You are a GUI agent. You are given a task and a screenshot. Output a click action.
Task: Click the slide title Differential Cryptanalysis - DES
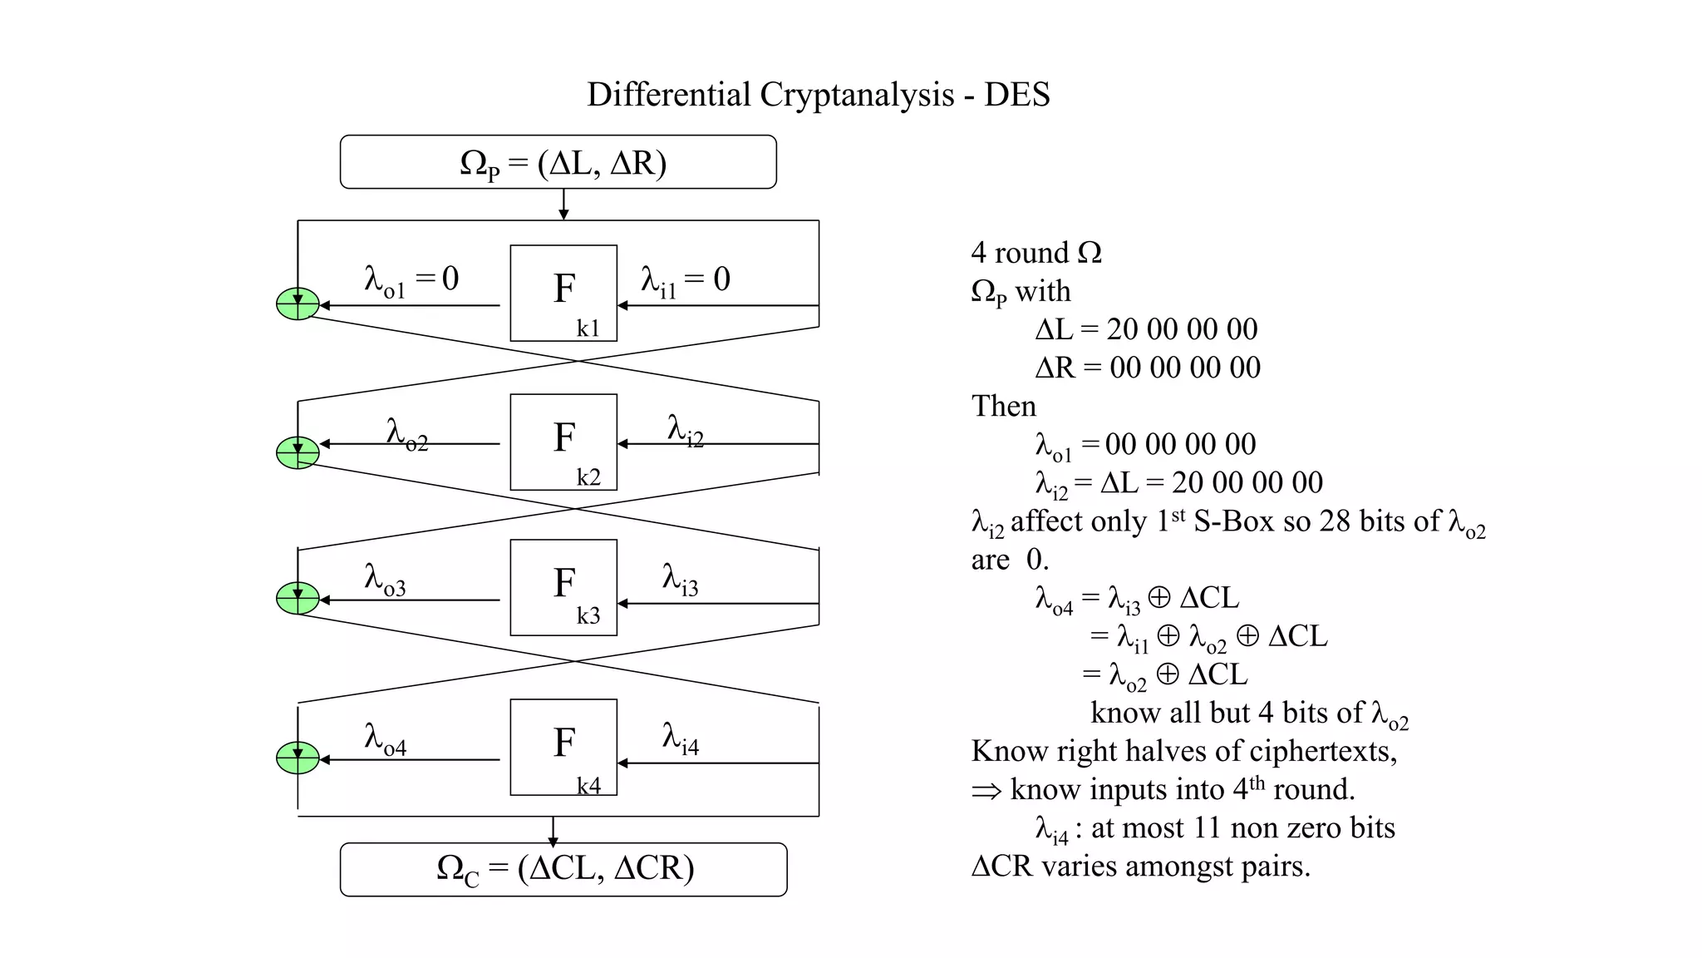coord(818,95)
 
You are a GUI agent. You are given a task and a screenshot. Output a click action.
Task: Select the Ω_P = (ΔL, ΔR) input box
coord(558,162)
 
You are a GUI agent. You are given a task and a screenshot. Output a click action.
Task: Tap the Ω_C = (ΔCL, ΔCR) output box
coord(563,869)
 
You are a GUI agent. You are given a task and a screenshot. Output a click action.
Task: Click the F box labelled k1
coord(563,293)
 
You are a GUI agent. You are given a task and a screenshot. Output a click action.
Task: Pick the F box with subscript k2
coord(563,442)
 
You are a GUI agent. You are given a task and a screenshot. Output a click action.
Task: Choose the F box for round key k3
coord(563,587)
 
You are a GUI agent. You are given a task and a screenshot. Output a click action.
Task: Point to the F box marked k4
coord(563,747)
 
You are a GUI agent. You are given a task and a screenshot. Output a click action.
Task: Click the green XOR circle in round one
coord(298,304)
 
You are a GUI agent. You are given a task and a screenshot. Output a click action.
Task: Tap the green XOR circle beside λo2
coord(298,452)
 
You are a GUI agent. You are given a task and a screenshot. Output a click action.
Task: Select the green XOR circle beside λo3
coord(298,598)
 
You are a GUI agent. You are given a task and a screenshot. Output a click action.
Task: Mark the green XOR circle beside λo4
coord(298,758)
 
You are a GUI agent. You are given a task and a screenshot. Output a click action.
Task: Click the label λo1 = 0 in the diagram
coord(411,280)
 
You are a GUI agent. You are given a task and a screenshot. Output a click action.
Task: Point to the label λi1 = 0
coord(685,280)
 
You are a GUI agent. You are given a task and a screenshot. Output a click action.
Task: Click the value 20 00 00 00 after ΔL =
coord(1182,329)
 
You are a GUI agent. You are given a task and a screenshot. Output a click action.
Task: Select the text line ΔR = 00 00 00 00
coord(1148,368)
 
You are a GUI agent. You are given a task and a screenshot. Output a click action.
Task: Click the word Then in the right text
coord(1004,406)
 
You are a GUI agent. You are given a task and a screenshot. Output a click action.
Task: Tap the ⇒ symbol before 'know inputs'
coord(986,791)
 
